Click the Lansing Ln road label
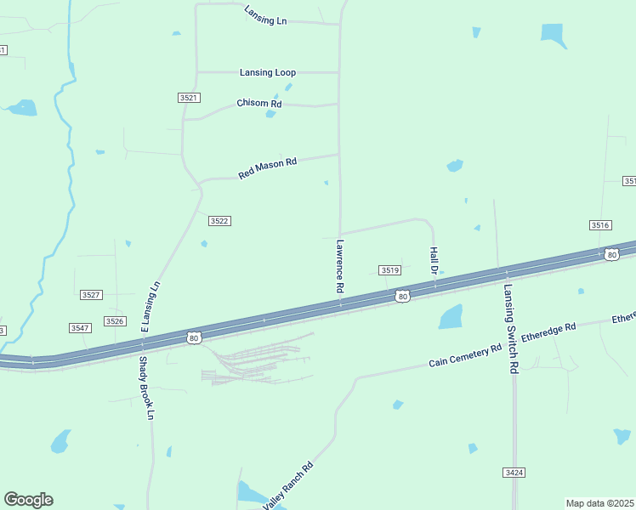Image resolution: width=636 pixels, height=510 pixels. point(265,15)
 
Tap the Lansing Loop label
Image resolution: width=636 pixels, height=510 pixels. point(268,72)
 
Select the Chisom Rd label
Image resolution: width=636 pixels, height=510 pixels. point(258,104)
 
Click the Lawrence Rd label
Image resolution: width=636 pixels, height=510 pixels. point(339,266)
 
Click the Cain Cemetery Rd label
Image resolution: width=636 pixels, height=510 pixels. point(465,356)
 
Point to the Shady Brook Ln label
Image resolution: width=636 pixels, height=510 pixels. point(146,388)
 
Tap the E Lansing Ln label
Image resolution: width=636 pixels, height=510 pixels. point(150,307)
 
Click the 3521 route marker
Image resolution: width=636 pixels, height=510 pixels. point(189,98)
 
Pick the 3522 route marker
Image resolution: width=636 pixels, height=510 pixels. point(219,221)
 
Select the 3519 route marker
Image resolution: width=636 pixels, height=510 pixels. point(389,270)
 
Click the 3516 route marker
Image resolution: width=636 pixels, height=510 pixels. point(600,224)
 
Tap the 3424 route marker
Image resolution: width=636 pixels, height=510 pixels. point(514,472)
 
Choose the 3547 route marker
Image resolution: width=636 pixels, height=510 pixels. point(80,327)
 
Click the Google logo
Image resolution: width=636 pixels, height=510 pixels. point(28,500)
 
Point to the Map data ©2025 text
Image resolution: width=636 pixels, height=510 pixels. point(599,503)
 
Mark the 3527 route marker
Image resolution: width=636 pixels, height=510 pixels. point(91,294)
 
